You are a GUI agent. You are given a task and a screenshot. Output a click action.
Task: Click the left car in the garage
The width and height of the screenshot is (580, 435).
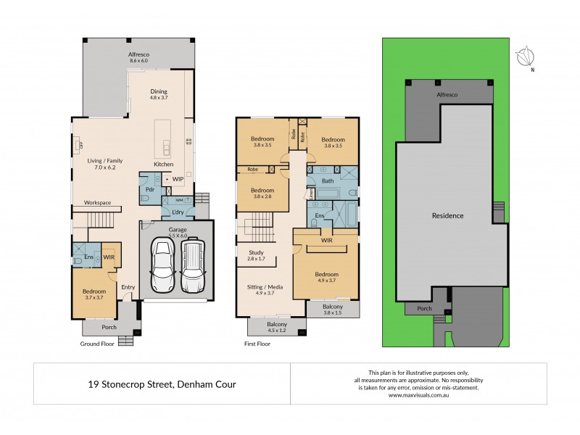[162, 265]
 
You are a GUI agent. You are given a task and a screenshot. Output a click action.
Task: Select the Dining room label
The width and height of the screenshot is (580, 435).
[159, 91]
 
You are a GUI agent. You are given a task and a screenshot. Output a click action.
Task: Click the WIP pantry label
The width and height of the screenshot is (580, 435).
[178, 178]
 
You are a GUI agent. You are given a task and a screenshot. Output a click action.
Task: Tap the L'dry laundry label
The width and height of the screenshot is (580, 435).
[177, 211]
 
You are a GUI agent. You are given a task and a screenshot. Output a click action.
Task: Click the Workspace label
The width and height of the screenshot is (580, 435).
[97, 202]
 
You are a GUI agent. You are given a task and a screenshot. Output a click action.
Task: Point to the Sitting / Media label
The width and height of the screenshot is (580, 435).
[265, 287]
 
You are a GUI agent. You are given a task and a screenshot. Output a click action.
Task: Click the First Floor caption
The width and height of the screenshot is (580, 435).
[257, 344]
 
